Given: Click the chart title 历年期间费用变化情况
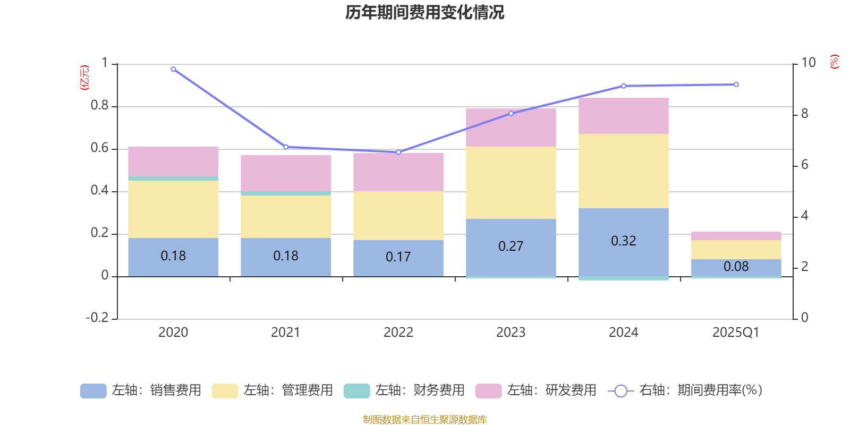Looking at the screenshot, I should click(x=424, y=12).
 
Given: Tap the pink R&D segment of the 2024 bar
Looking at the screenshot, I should click(x=623, y=116).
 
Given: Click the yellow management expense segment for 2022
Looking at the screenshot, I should click(x=398, y=215).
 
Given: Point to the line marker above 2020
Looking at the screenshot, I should click(x=173, y=69).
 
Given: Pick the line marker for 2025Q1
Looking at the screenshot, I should click(x=736, y=84).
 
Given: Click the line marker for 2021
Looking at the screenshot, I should click(x=286, y=147).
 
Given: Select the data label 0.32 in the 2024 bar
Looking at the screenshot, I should click(x=623, y=241).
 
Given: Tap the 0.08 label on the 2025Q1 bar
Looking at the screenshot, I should click(x=736, y=267).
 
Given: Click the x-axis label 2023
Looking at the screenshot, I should click(x=511, y=333).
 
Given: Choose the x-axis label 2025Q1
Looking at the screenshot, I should click(x=736, y=333).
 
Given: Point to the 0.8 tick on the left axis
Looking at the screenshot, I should click(x=99, y=106).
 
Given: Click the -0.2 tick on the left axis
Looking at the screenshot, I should click(x=97, y=318).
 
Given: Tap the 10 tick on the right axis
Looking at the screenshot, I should click(x=808, y=63).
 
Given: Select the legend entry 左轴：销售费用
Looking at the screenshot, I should click(x=141, y=390).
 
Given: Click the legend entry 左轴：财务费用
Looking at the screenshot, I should click(x=404, y=390).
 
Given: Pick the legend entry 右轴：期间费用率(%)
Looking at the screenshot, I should click(x=685, y=390).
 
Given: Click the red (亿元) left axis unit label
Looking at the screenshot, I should click(x=84, y=78).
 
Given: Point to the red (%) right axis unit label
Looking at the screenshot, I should click(x=834, y=62).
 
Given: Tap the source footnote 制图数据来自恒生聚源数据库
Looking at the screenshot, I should click(x=424, y=420).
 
